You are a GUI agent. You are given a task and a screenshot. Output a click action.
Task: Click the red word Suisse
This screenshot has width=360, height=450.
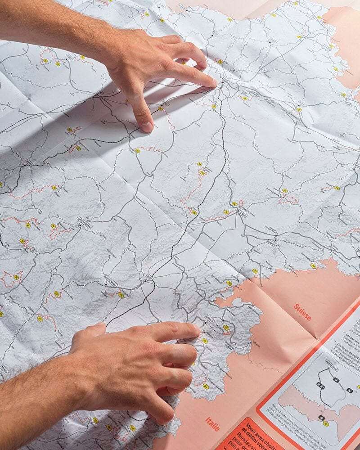pyautogui.click(x=302, y=312)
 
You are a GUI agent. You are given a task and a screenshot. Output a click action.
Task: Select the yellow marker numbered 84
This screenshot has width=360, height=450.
pyautogui.click(x=206, y=386)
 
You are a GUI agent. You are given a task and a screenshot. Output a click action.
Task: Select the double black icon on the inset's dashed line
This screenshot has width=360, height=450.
pyautogui.click(x=320, y=386)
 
